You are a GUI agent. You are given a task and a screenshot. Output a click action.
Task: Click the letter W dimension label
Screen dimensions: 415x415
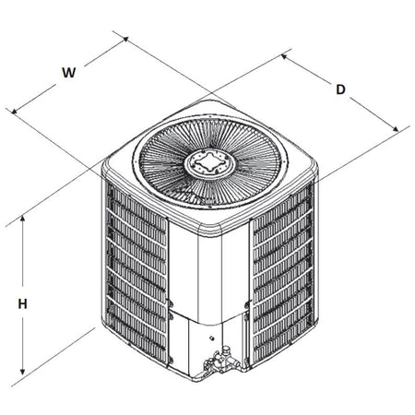coord(67,71)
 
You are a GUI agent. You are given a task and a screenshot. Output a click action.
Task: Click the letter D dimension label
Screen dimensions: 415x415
coord(340,89)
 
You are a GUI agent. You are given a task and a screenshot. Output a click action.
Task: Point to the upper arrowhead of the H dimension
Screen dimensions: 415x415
coord(21,220)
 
